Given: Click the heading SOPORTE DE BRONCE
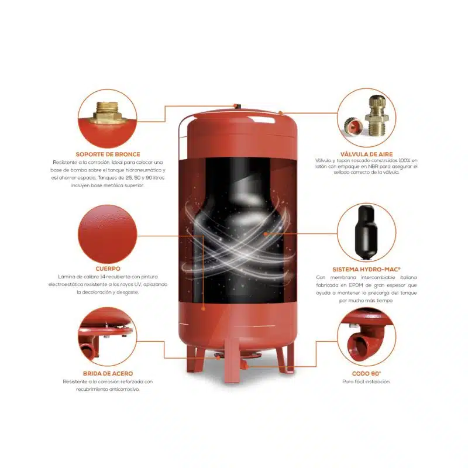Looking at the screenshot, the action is (x=108, y=154).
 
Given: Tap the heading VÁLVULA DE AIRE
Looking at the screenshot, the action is (x=367, y=154).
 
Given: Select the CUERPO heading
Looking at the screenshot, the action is (x=108, y=269).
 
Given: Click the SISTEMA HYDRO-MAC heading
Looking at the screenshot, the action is (x=366, y=269).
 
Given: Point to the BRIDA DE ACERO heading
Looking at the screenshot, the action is (x=108, y=373).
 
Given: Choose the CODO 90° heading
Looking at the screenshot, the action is (x=366, y=373).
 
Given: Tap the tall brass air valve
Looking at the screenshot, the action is (x=377, y=115).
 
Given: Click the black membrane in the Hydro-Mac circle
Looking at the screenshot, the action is (x=366, y=232).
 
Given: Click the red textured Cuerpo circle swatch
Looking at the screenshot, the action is (x=108, y=235).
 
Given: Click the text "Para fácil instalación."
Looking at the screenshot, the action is (x=366, y=381).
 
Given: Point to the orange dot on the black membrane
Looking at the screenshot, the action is (x=266, y=234).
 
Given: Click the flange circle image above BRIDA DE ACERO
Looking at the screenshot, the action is (x=108, y=337).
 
